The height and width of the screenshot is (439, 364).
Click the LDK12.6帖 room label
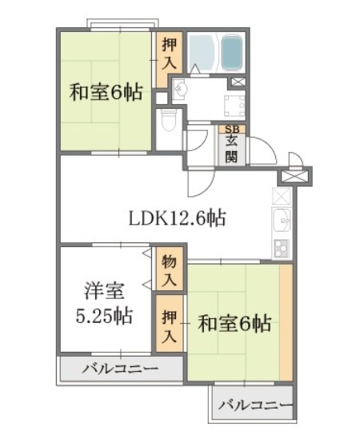point(177,218)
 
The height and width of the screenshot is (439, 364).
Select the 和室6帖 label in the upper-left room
point(106,92)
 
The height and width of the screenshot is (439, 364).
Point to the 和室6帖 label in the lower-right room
point(234,324)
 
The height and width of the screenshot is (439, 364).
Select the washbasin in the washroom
point(179,89)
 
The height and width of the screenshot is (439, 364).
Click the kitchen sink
point(282,220)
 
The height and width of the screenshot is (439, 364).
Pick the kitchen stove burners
point(282,249)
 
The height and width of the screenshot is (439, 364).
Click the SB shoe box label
point(232,129)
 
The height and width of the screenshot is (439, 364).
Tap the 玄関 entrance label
point(232,150)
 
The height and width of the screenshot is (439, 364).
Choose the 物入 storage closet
point(170,269)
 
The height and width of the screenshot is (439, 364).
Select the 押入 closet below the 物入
point(170,324)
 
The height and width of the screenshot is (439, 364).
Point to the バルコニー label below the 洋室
point(120,369)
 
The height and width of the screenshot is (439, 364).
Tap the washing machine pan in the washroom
point(235,106)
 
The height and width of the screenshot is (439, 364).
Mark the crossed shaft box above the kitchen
point(294,177)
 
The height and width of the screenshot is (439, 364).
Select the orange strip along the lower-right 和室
point(286,322)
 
